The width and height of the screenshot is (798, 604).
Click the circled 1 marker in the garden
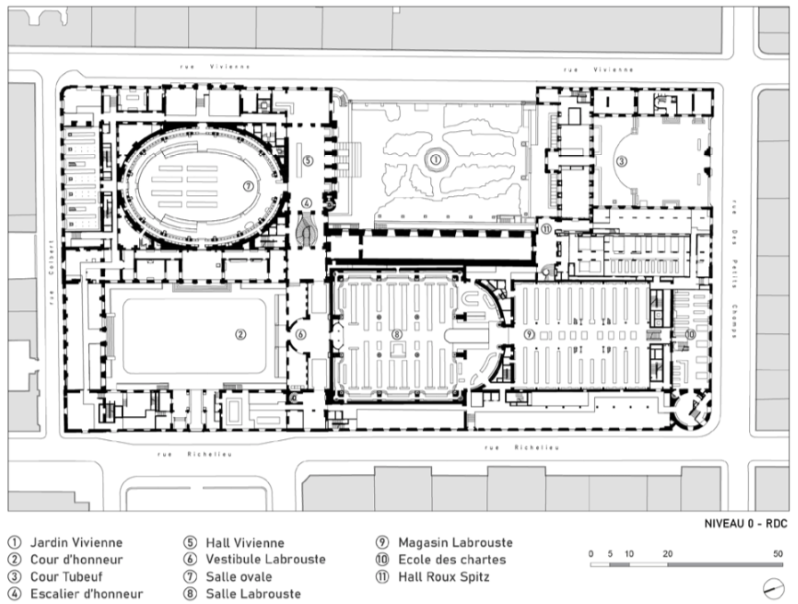(436, 159)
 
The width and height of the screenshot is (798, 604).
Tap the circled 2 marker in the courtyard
(240, 335)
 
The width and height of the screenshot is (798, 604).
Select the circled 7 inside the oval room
(248, 186)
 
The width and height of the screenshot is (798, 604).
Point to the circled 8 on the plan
(397, 335)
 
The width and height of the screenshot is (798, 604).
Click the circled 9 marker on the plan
(529, 334)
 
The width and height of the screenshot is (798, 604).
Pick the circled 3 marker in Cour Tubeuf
(621, 162)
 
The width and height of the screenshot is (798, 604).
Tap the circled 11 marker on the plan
(546, 229)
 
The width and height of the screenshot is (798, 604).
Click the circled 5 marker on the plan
(307, 160)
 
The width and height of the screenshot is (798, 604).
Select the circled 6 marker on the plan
(301, 335)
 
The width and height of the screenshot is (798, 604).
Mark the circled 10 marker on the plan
(690, 335)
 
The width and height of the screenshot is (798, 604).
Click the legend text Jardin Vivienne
(77, 543)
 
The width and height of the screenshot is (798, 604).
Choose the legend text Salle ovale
(239, 577)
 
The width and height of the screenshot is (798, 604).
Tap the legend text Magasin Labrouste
(455, 543)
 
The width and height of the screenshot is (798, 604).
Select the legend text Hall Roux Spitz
(444, 577)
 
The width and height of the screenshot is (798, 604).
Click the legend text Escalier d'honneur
(86, 594)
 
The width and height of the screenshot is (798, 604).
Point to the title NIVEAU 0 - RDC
(745, 524)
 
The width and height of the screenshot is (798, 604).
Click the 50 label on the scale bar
(778, 554)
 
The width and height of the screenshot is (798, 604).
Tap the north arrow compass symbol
(774, 589)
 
